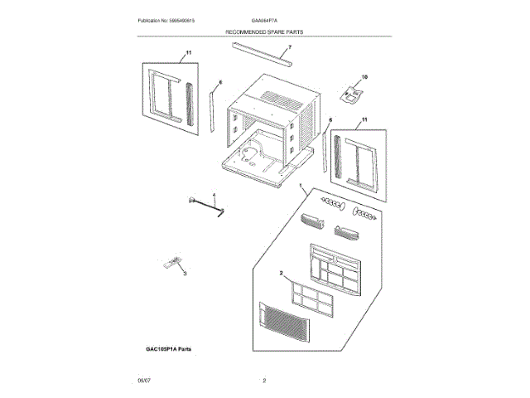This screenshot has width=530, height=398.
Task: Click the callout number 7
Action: (x=267, y=47)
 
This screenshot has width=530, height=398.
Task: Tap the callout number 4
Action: (x=214, y=195)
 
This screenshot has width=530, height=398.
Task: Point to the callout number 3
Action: (x=185, y=273)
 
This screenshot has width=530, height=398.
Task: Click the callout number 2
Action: (x=282, y=273)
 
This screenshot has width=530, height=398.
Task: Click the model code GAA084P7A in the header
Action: (x=264, y=19)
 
